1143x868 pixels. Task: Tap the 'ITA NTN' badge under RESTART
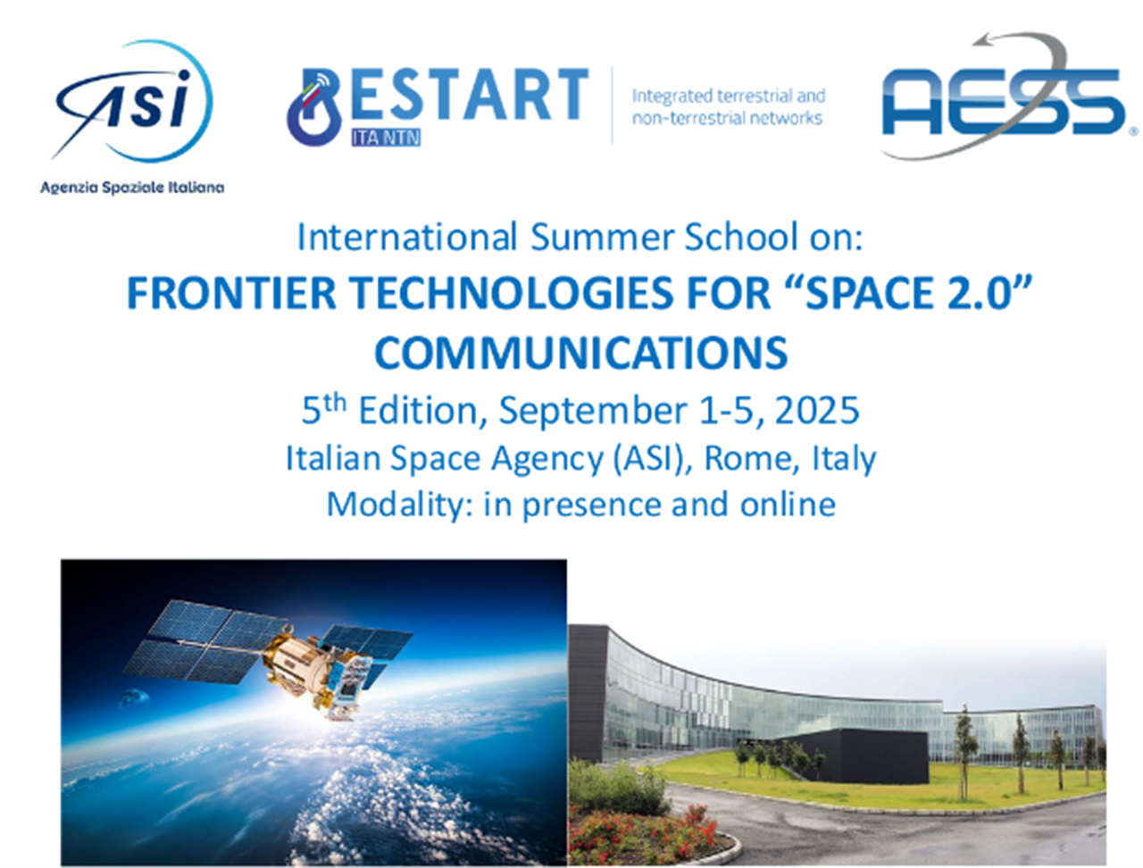tap(386, 138)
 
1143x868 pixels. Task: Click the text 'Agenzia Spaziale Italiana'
tap(132, 188)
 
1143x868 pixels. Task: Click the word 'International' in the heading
tap(406, 238)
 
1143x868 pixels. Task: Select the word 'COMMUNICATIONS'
tap(580, 353)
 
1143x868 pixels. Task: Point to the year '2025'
tap(816, 410)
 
